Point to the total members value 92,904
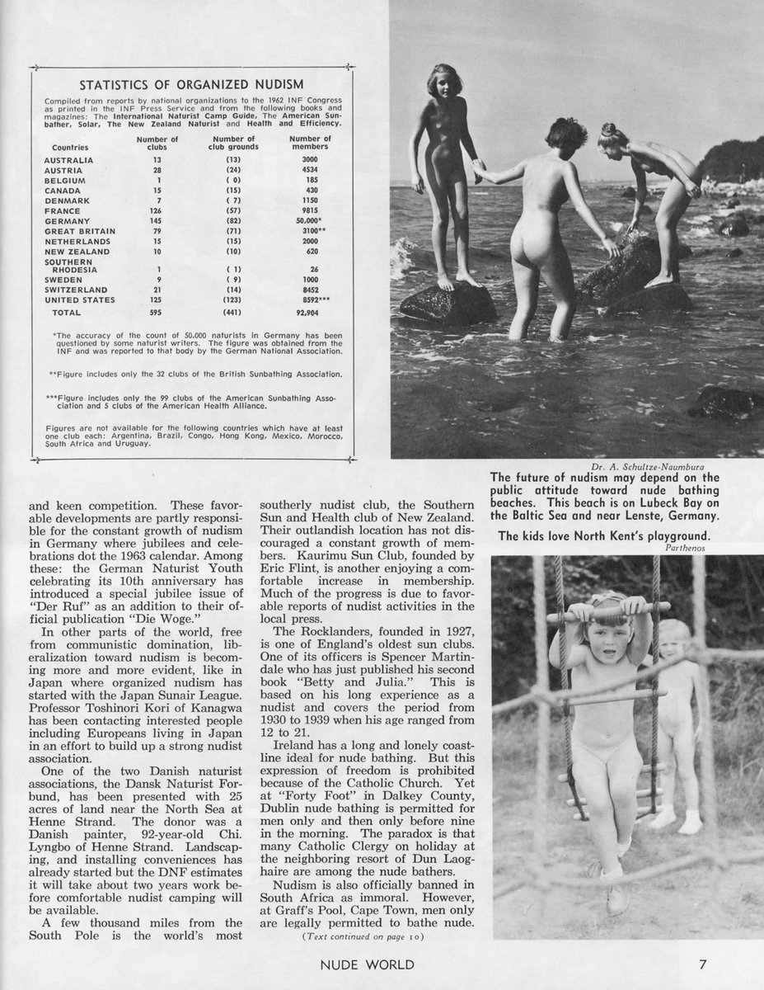(x=310, y=313)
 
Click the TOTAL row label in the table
(x=66, y=313)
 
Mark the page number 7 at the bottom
(x=703, y=963)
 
